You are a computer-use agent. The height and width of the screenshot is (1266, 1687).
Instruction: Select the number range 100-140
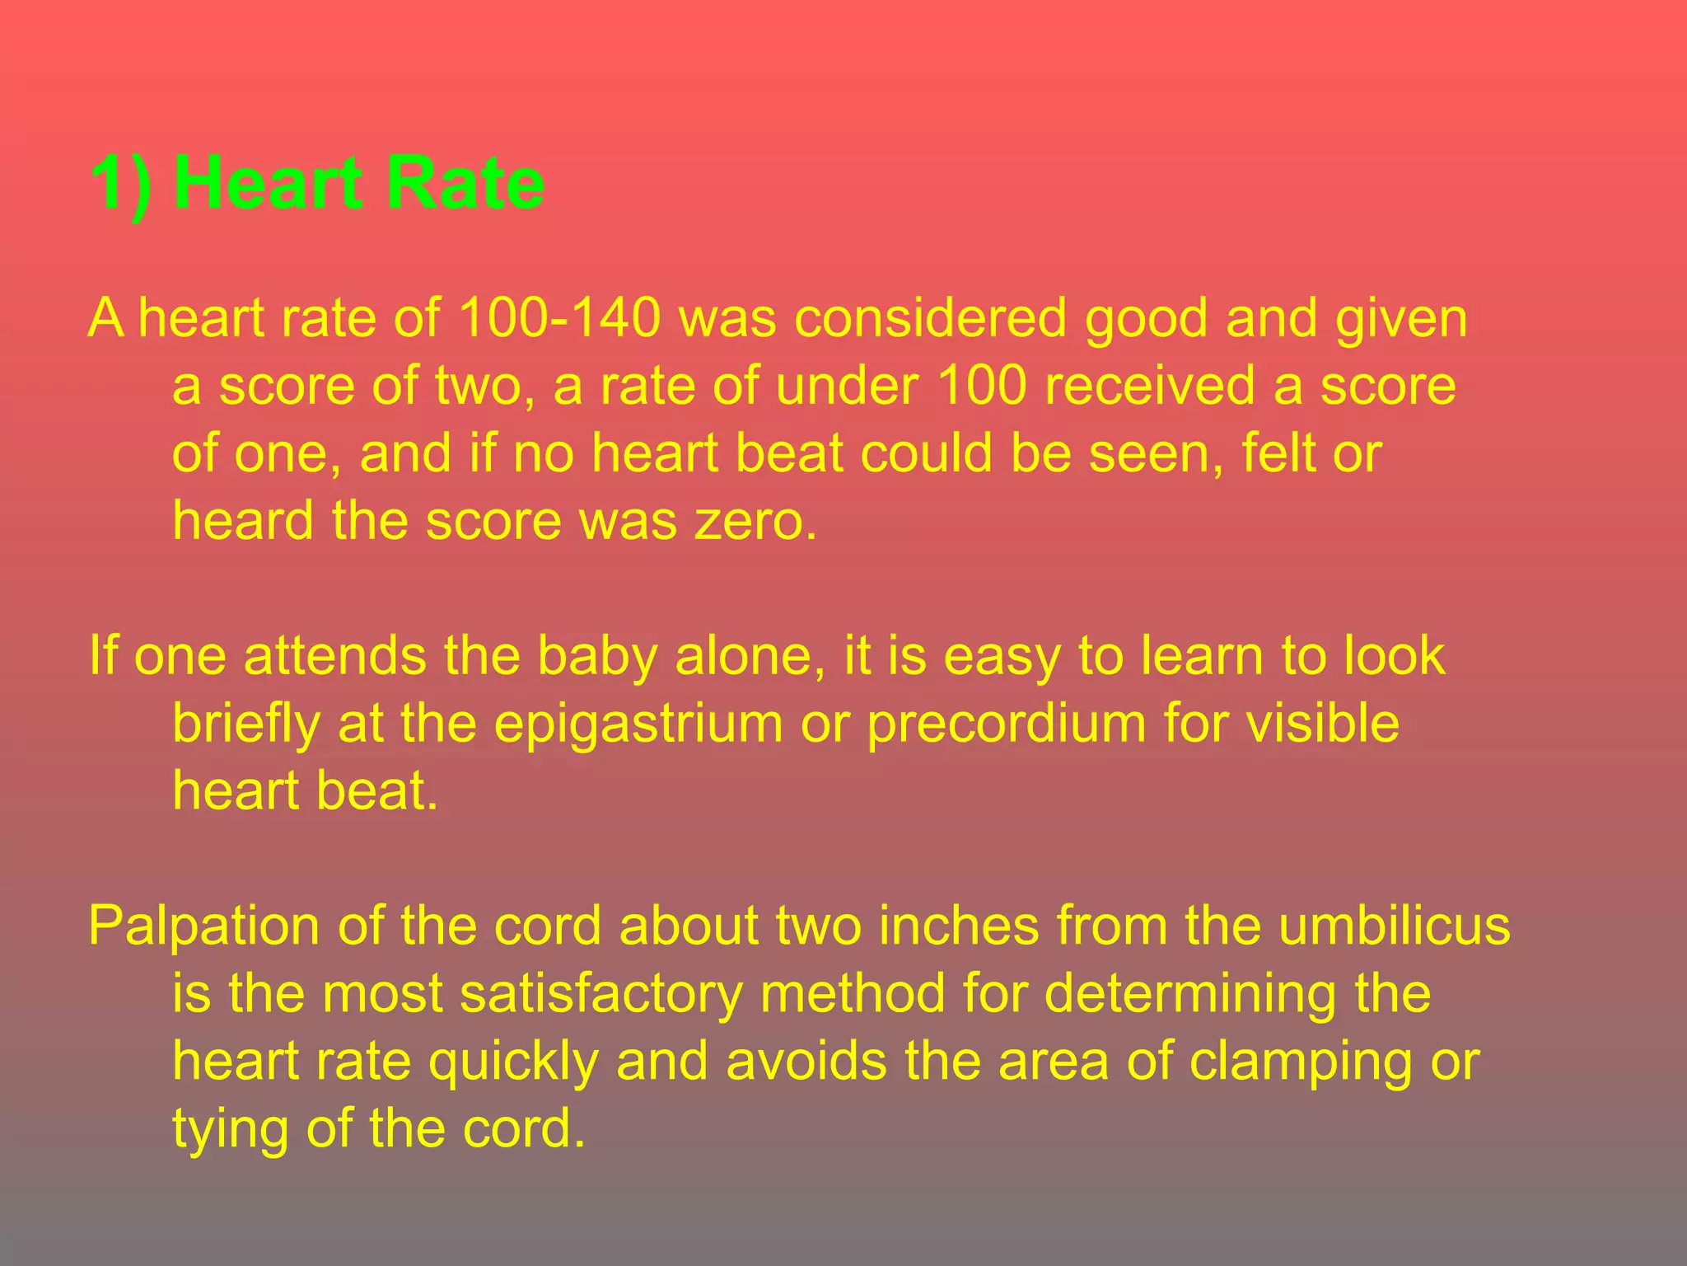coord(559,318)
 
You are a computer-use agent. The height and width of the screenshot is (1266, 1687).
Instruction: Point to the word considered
coord(930,318)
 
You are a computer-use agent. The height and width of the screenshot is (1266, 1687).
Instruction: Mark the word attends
coord(334,657)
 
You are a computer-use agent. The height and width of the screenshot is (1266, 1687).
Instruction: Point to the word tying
coord(230,1129)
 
